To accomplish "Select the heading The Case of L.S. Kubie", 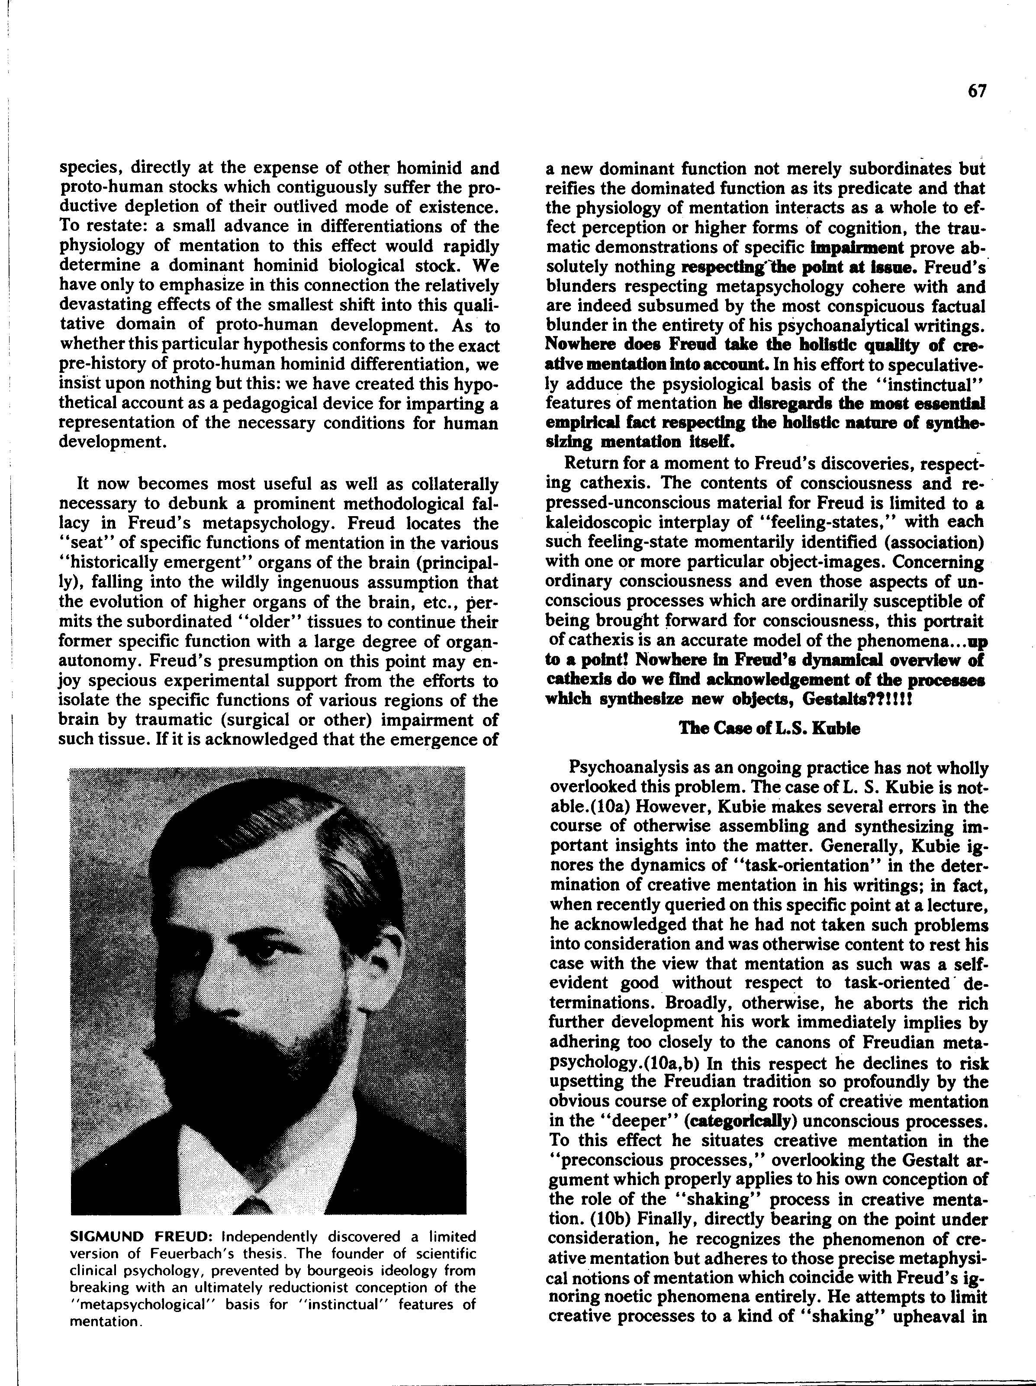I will pos(769,728).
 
